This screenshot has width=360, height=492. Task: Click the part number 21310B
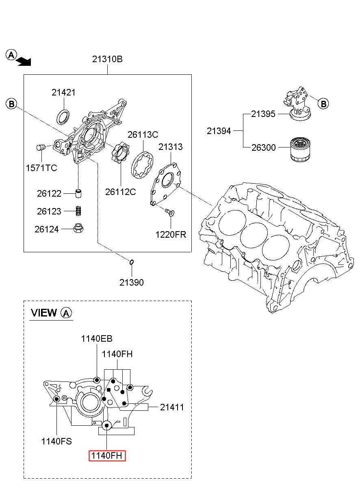tap(107, 59)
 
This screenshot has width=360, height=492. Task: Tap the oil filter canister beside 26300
tap(300, 150)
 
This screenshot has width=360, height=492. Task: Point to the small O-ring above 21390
tap(132, 262)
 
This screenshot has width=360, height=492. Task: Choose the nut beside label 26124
tap(78, 229)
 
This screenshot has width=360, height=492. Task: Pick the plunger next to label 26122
tap(78, 193)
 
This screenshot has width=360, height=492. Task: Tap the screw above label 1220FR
tap(170, 212)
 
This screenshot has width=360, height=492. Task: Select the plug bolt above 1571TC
tap(41, 147)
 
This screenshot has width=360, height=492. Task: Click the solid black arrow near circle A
tap(24, 62)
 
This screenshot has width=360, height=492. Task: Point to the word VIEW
tap(44, 312)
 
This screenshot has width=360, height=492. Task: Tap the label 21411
tap(172, 407)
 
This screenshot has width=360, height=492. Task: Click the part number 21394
tap(219, 131)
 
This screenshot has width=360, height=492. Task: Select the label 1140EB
tap(97, 338)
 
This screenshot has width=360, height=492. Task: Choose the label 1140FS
tap(56, 441)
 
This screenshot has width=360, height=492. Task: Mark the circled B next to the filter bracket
tap(323, 104)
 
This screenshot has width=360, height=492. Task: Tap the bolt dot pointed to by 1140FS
tap(56, 399)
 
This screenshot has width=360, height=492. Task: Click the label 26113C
tap(143, 134)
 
